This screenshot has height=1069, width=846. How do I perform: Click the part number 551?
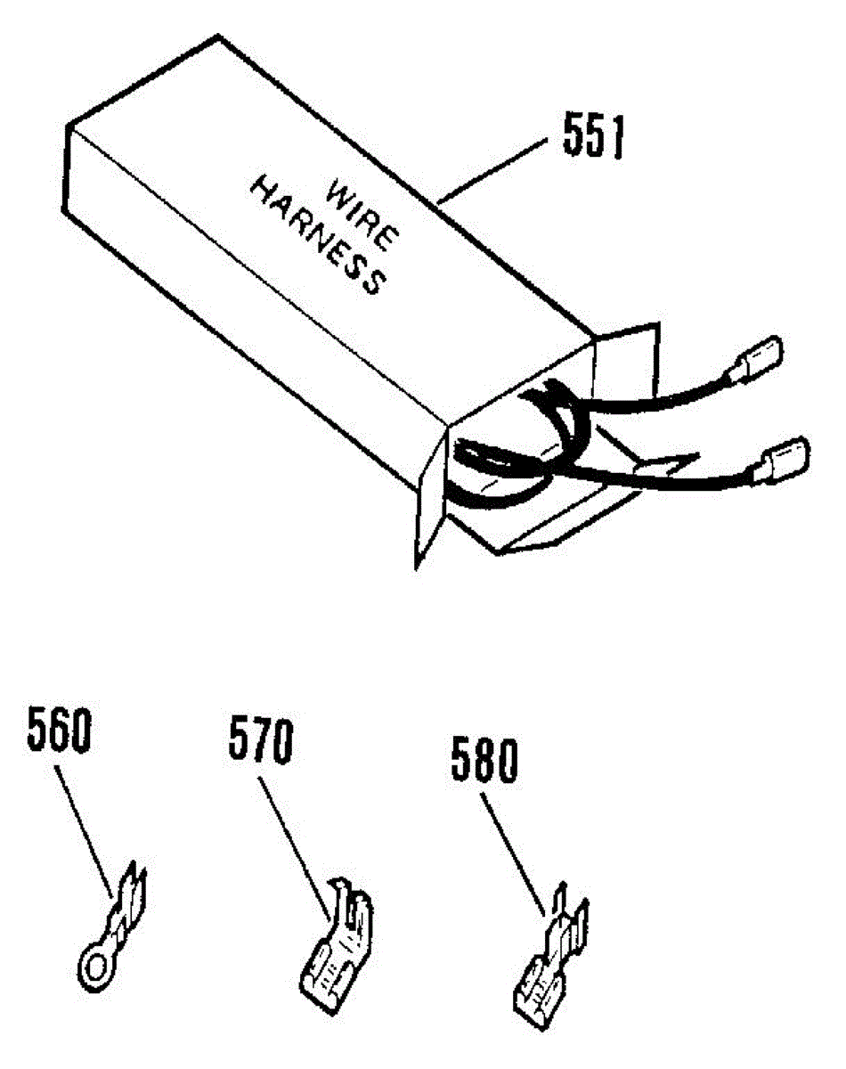pos(593,137)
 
